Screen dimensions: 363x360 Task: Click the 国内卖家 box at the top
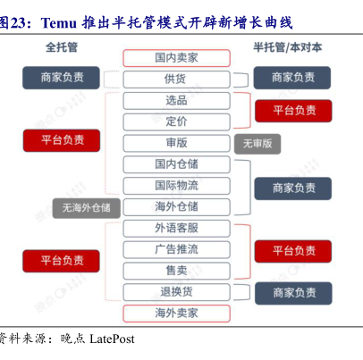coord(176,58)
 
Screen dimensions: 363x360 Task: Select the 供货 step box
coord(176,80)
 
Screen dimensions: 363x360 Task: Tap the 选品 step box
coord(176,101)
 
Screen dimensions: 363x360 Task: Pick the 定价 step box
coord(176,121)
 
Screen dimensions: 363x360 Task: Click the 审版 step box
coord(176,143)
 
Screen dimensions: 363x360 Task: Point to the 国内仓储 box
coord(176,164)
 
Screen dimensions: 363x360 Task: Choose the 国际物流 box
coord(176,186)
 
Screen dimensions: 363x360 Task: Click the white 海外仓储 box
coord(176,207)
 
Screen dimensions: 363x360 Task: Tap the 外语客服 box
coord(176,229)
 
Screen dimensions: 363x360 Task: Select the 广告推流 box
coord(176,249)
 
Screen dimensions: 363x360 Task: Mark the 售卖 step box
coord(176,271)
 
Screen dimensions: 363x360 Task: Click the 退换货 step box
coord(176,292)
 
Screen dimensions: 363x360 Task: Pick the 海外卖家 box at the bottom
coord(176,314)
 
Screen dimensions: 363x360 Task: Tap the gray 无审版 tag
coord(257,144)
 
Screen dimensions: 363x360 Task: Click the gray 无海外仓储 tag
coord(87,208)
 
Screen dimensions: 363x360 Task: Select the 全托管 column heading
coord(62,47)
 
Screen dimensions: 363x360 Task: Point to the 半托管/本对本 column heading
coord(288,47)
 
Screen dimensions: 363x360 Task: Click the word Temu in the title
coord(59,23)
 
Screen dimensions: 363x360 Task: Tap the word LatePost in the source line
coord(112,339)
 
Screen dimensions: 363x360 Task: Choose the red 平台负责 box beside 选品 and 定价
coord(293,111)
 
